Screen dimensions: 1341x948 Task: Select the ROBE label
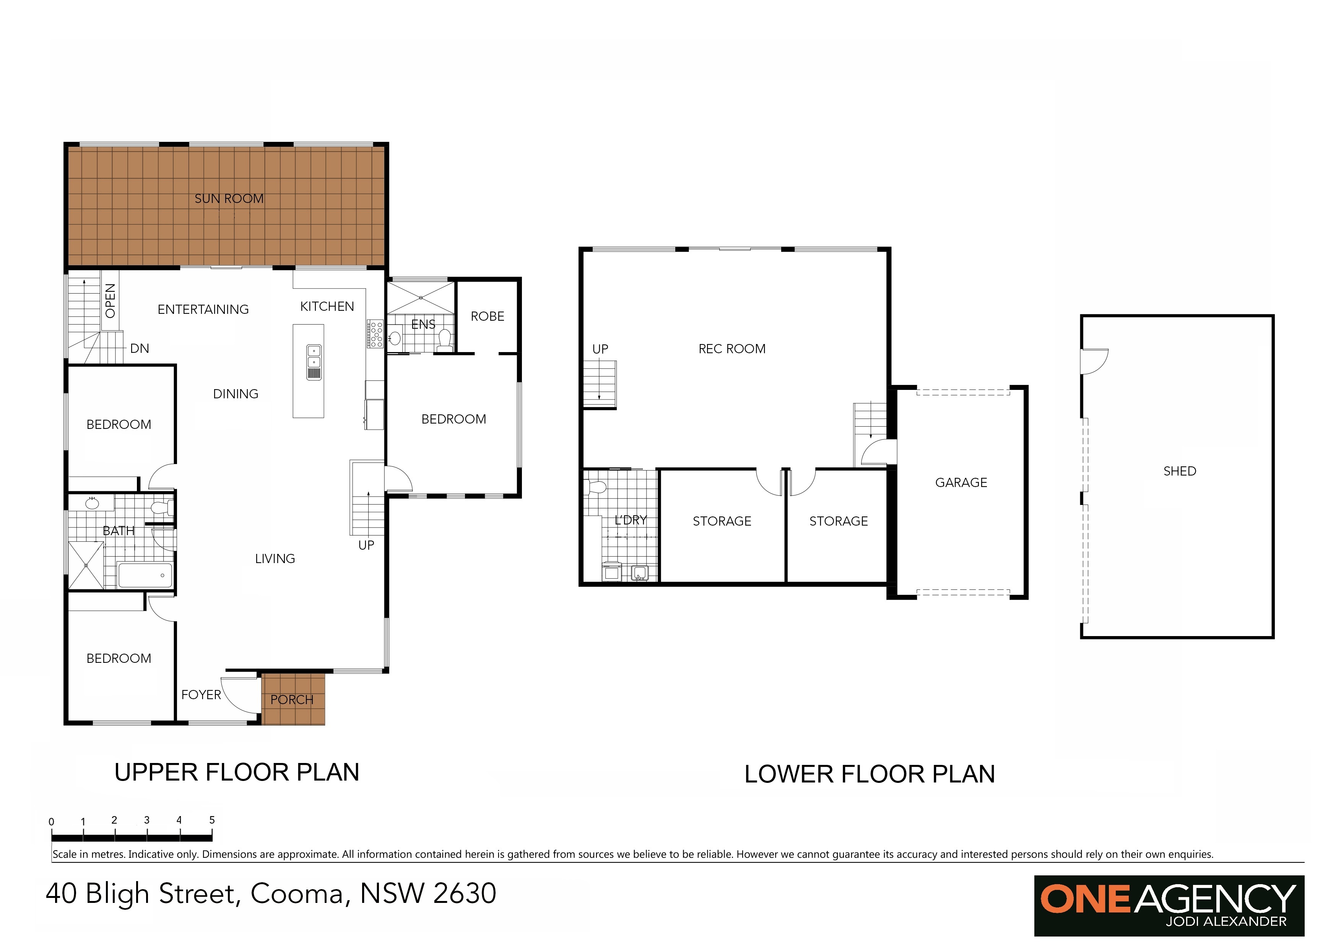point(488,317)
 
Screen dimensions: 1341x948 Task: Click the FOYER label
point(201,695)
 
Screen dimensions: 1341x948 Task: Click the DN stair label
point(140,349)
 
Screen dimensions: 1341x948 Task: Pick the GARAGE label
point(961,483)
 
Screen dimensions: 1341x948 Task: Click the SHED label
point(1180,471)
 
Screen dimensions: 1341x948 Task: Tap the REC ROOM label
point(732,349)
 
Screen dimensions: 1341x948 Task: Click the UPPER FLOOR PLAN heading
point(237,772)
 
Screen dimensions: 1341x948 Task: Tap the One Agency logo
point(1169,906)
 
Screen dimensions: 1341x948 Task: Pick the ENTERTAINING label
point(203,309)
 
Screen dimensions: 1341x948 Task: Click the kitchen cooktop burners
point(375,334)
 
